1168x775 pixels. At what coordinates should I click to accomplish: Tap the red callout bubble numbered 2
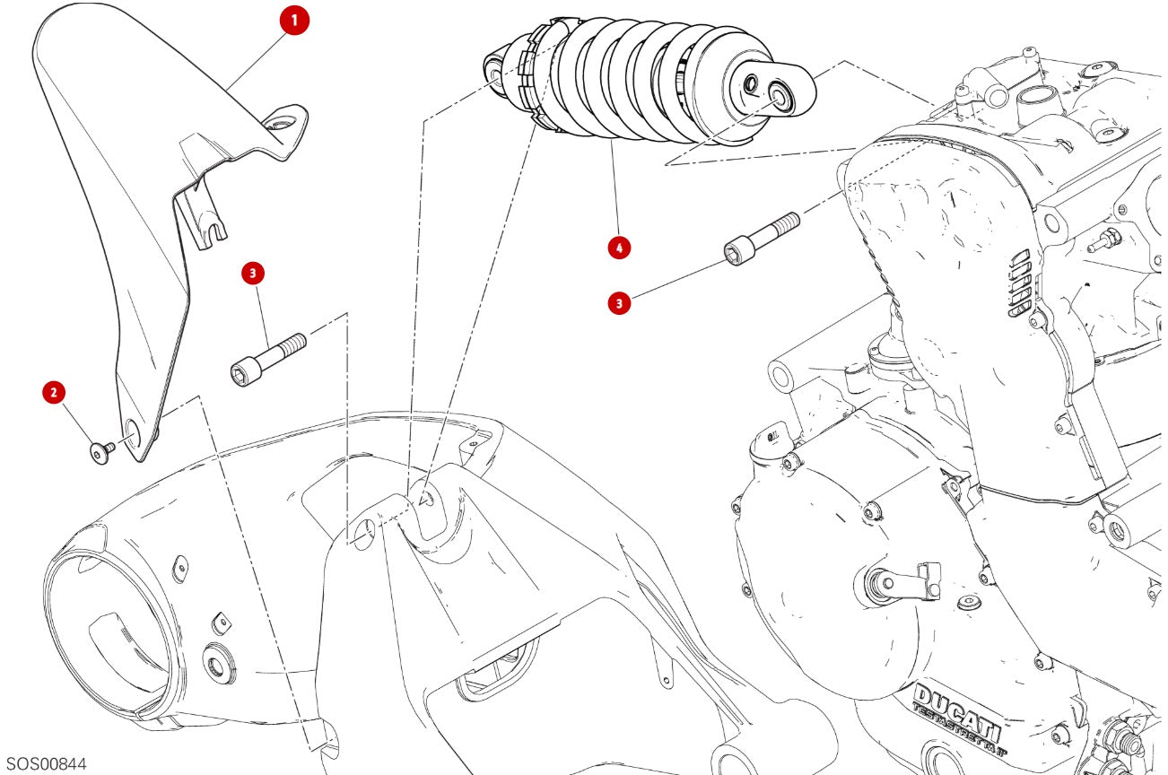pos(55,392)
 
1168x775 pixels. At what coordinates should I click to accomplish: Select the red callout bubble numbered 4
pos(617,247)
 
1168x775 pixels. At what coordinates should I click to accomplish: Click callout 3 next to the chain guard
pos(254,274)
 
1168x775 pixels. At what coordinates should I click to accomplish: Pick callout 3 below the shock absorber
pos(617,304)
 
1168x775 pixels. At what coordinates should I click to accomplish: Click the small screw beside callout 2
pos(100,452)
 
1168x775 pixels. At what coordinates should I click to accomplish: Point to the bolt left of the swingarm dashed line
pos(267,357)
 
